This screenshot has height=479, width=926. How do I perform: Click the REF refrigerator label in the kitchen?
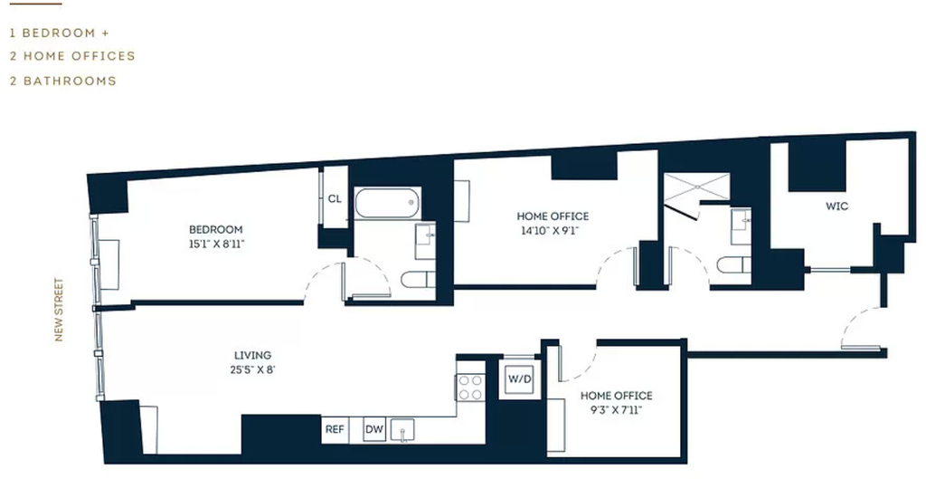point(335,430)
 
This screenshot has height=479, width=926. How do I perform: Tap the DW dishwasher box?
point(374,430)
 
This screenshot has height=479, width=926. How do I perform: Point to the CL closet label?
point(335,198)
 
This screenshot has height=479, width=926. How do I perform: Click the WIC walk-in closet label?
point(836,206)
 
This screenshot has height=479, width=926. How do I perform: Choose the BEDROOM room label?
point(215,229)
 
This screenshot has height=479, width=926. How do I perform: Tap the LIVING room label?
point(253,356)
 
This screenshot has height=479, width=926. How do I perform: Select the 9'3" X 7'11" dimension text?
point(616,409)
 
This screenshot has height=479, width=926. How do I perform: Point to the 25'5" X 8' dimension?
point(253,370)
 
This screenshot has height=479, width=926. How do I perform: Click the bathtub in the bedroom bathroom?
point(387,203)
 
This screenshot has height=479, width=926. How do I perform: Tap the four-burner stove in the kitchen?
point(470,388)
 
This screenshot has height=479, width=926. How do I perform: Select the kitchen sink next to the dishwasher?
point(402,429)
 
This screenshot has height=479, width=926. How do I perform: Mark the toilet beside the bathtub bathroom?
point(418,279)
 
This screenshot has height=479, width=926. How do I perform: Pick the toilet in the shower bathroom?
point(734,265)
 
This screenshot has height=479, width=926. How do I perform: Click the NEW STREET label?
point(59,310)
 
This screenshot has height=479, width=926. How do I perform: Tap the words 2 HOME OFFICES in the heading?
point(72,56)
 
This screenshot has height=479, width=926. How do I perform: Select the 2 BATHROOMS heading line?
point(63,81)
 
